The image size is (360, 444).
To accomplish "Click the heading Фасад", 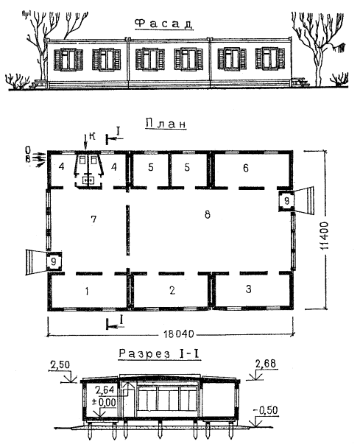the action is click(x=164, y=24).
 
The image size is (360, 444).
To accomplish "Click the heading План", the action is click(x=166, y=124).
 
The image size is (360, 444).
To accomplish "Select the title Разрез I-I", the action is click(x=160, y=353).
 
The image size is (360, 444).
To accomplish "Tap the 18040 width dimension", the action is click(x=179, y=334).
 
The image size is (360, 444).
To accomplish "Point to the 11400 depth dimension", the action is click(x=324, y=236).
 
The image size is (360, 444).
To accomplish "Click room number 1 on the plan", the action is click(x=87, y=291).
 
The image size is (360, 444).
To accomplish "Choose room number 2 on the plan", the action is click(x=172, y=290).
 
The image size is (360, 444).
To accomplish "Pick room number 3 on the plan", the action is click(x=248, y=289).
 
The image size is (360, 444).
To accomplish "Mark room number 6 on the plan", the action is click(x=246, y=168).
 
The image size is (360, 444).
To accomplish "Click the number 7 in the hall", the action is click(x=93, y=219).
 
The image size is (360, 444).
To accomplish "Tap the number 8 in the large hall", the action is click(x=208, y=215).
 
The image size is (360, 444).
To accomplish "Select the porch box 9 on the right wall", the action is click(x=286, y=201).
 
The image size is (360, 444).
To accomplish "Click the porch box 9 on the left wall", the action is click(x=54, y=261).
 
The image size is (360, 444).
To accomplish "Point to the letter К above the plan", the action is click(x=92, y=136).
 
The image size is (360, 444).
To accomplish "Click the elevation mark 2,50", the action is click(x=60, y=364).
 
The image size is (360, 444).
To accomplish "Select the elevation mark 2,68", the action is click(x=266, y=363).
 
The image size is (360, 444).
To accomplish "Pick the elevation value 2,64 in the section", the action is click(x=105, y=390).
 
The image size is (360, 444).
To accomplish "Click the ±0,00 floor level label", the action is click(x=103, y=402).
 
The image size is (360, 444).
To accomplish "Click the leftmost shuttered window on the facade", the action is click(x=68, y=60).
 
